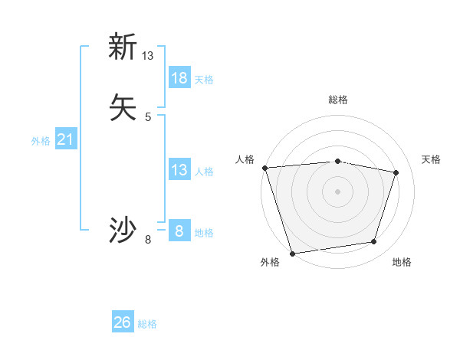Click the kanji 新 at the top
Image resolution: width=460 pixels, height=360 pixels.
tap(123, 47)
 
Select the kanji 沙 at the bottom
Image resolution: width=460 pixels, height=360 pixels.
tap(123, 231)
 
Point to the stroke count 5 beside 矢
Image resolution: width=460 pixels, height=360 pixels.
tap(148, 116)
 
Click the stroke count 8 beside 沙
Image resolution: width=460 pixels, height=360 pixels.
tap(148, 240)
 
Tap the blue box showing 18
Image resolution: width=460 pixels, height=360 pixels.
tap(179, 77)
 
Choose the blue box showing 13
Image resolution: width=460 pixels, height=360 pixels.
tap(179, 170)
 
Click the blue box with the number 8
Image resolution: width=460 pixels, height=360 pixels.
tap(179, 231)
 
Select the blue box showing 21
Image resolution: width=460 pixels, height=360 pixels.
tap(66, 139)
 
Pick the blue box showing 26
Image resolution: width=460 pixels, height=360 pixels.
tap(123, 322)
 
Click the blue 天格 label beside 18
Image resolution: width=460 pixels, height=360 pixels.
tap(204, 79)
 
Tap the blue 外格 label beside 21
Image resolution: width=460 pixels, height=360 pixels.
tap(41, 141)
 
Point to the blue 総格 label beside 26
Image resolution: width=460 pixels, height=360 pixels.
tap(147, 324)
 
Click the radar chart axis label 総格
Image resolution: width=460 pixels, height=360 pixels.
tap(338, 100)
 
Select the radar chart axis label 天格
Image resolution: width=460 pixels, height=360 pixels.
tap(431, 159)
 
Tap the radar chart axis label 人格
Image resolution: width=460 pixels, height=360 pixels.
tap(245, 159)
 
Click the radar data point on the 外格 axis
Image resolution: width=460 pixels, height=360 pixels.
tap(292, 253)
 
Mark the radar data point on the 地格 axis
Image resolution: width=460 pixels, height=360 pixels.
tap(374, 242)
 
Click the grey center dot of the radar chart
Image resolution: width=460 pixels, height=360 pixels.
tap(337, 191)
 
